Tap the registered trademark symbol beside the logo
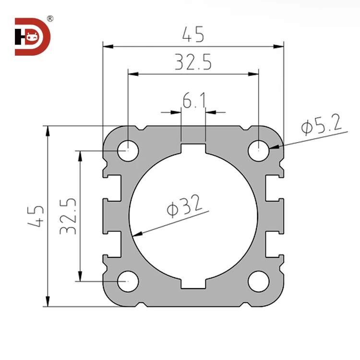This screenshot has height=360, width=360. click(50, 19)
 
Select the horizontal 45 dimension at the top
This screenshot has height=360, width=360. click(193, 34)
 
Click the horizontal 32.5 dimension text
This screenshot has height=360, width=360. click(192, 62)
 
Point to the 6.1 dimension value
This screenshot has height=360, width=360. click(193, 101)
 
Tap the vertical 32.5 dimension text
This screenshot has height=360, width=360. click(68, 216)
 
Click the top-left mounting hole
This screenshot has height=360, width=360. click(128, 150)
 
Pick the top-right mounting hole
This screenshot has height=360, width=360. click(258, 150)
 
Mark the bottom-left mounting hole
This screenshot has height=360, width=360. click(128, 281)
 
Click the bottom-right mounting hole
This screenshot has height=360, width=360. click(258, 281)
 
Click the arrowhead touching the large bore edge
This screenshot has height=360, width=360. click(136, 235)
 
